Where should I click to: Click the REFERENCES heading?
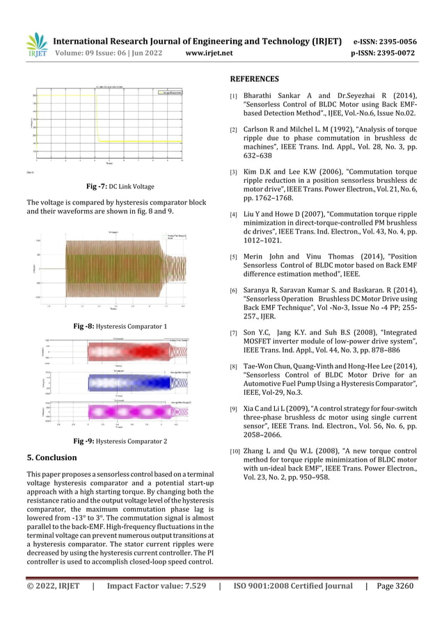[255, 79]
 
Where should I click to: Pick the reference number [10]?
[235, 452]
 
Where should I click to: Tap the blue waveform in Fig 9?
[115, 382]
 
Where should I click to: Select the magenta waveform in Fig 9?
[115, 412]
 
